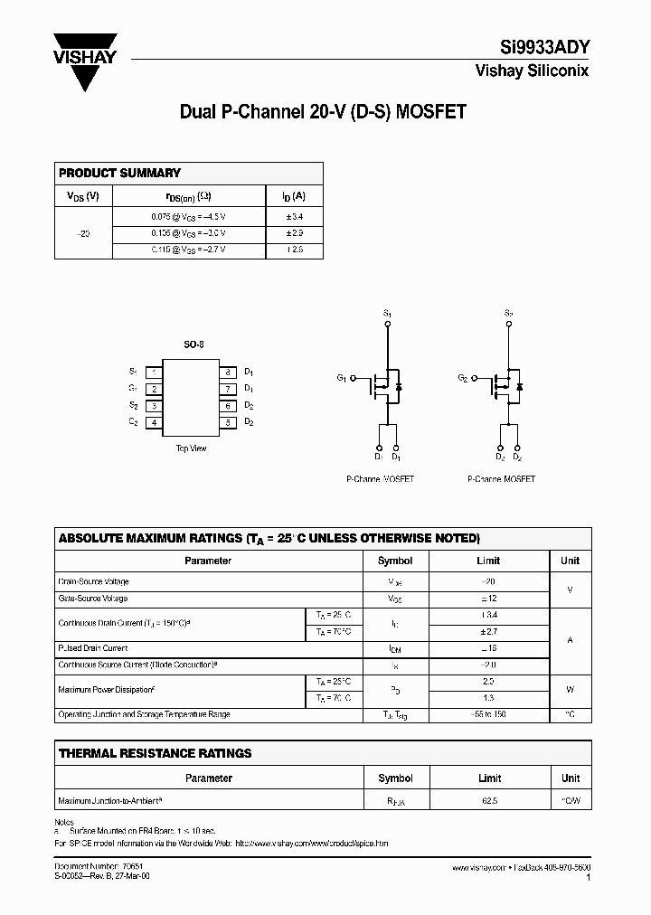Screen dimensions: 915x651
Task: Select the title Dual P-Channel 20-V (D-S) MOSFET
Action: point(323,112)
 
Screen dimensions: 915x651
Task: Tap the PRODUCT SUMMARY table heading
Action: point(119,173)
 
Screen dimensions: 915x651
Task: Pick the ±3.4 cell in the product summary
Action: point(294,217)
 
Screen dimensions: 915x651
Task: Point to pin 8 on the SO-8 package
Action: point(228,373)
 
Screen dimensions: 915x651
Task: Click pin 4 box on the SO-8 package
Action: point(155,422)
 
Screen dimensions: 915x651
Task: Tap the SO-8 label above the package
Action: point(193,345)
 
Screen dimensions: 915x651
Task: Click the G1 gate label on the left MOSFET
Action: point(342,377)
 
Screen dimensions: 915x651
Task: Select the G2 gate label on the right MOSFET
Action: point(462,377)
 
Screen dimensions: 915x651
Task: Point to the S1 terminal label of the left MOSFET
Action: point(387,313)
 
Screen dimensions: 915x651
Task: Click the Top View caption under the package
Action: point(191,448)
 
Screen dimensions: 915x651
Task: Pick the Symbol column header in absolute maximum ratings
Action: point(395,561)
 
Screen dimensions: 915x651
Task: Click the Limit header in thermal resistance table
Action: point(489,778)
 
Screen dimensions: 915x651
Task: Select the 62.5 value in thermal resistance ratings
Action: point(489,801)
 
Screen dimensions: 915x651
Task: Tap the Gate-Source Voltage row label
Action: point(93,599)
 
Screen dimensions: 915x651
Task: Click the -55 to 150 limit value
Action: point(489,714)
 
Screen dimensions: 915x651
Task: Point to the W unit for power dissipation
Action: point(570,689)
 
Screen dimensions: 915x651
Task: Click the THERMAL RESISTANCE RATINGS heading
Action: point(155,753)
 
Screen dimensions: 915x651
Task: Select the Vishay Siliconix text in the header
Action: point(532,71)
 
